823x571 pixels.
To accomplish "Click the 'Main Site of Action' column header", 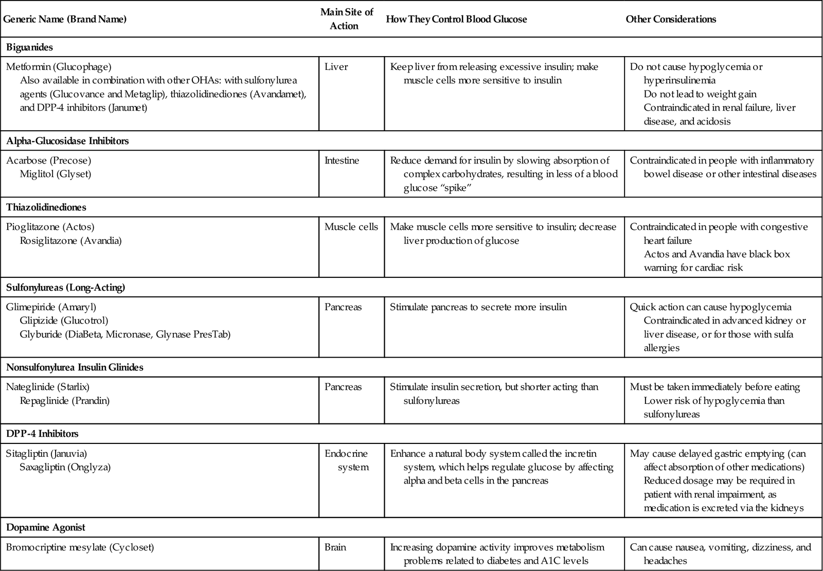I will [346, 19].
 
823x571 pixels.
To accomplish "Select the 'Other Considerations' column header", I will [671, 19].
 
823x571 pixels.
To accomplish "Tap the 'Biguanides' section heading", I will [29, 47].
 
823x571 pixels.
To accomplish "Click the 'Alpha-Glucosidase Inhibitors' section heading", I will [67, 141].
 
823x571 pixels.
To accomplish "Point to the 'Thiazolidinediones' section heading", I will [46, 207].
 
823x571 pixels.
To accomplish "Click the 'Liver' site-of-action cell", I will [336, 67].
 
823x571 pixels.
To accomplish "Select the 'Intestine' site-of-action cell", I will [342, 160].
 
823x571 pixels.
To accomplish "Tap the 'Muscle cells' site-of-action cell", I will [351, 227].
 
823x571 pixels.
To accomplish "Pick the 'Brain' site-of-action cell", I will [335, 547].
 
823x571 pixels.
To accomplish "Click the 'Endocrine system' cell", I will [346, 460].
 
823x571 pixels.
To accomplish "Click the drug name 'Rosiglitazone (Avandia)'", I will [70, 240].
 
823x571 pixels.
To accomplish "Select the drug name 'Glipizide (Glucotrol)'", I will [64, 320].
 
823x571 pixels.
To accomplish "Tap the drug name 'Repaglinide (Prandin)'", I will [65, 400].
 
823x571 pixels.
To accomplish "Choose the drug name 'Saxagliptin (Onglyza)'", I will [65, 467].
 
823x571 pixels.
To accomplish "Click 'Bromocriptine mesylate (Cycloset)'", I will [80, 547].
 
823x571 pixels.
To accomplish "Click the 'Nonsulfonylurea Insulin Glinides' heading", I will [75, 367].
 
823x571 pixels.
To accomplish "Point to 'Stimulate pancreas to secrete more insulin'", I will [478, 307].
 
